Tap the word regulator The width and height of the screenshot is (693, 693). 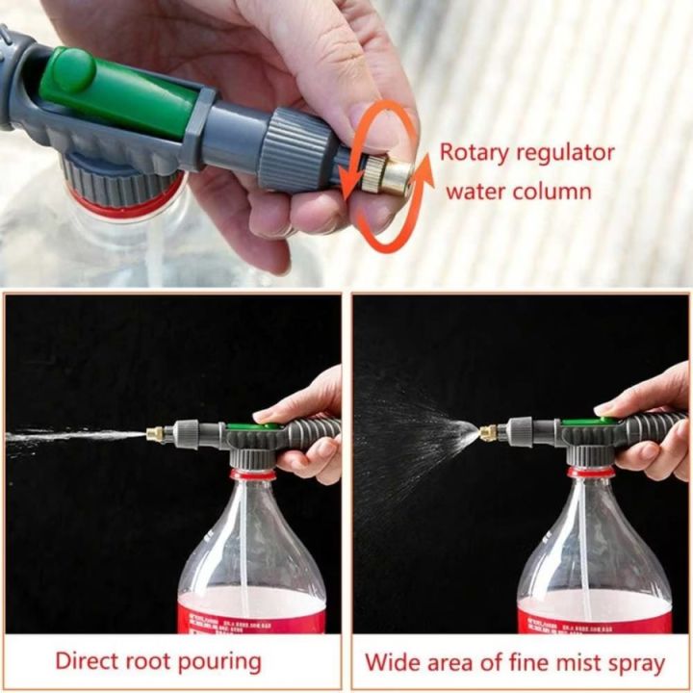click(x=569, y=152)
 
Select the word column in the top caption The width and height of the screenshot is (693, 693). click(x=546, y=190)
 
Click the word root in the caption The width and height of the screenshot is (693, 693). click(x=151, y=661)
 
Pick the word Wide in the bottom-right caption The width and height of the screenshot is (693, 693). click(x=388, y=663)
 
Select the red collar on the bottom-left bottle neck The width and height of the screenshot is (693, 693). click(x=252, y=475)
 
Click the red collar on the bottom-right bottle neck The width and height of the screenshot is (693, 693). click(x=590, y=473)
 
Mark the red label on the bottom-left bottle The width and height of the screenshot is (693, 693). click(x=252, y=613)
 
